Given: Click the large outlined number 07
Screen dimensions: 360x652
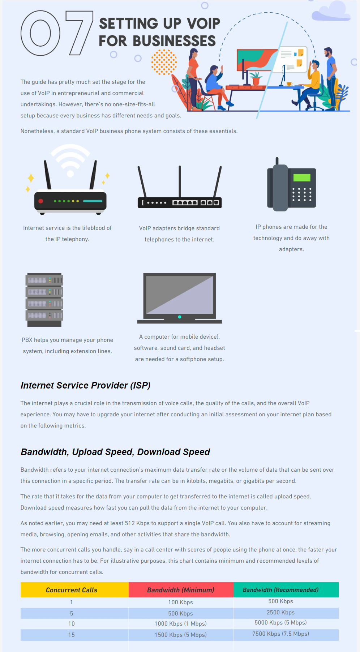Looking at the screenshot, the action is [x=40, y=33].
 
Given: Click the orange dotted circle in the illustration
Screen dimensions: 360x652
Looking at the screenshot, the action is [x=164, y=62].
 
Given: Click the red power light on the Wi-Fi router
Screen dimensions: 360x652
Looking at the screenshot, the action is [x=41, y=201].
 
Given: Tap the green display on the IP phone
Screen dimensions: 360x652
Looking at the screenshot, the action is [x=302, y=177].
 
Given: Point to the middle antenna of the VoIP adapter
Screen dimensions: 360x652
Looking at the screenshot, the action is [x=180, y=181].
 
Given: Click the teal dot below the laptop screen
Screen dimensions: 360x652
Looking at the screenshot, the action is [x=180, y=317].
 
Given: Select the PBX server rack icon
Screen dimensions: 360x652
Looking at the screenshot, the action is [x=44, y=300].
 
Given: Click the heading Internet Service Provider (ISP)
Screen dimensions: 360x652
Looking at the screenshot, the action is [x=86, y=385].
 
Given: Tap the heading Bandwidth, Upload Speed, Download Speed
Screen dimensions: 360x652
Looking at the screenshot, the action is [x=115, y=452].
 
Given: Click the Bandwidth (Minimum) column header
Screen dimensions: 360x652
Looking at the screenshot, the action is [x=181, y=589].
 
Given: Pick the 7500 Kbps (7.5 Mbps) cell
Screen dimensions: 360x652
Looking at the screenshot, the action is [x=280, y=634].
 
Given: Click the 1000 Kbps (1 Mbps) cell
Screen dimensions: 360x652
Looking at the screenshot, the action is [x=181, y=624].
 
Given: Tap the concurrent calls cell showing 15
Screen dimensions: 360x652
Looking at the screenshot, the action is [x=72, y=635].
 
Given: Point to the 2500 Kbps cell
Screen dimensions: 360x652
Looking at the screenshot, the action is [x=280, y=613].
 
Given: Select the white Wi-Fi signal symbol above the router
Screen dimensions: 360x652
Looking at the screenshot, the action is [x=70, y=159].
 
